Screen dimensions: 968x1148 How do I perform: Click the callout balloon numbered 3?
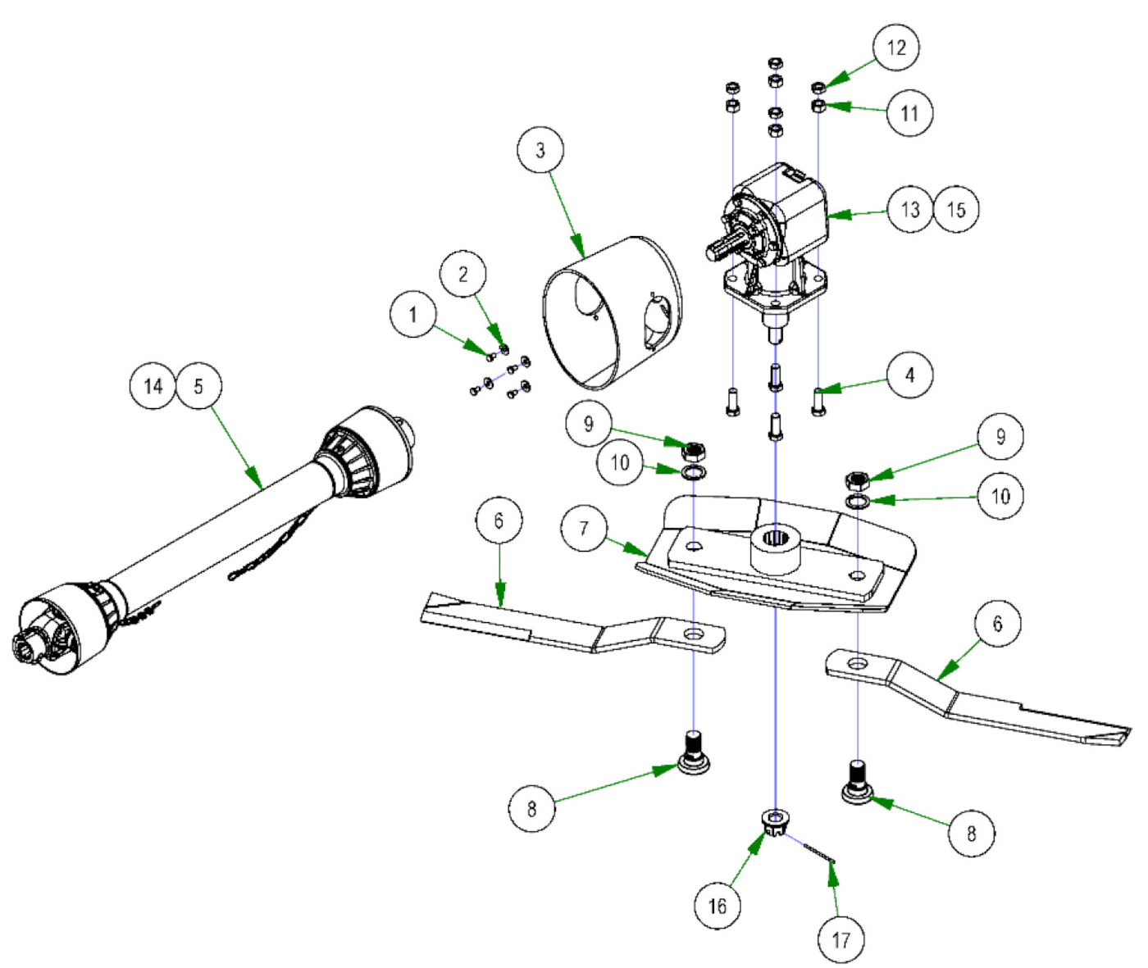click(540, 150)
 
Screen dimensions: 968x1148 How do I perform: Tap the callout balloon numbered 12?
click(896, 48)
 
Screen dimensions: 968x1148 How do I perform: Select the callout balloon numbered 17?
click(841, 939)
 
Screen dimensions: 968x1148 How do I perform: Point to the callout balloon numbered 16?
click(717, 906)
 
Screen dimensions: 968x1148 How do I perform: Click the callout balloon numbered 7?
click(584, 528)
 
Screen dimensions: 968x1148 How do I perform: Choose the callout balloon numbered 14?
click(153, 386)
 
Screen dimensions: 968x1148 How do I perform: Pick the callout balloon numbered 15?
click(956, 209)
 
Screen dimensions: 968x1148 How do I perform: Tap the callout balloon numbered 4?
click(909, 375)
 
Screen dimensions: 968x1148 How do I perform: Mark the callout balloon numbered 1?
click(412, 314)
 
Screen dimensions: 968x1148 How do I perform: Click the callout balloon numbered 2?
click(463, 274)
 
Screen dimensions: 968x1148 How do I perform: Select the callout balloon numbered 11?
click(909, 112)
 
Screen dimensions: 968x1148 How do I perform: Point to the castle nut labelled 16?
click(774, 820)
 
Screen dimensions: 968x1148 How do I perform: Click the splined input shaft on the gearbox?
click(726, 245)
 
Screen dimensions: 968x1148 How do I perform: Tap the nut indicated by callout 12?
click(818, 87)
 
